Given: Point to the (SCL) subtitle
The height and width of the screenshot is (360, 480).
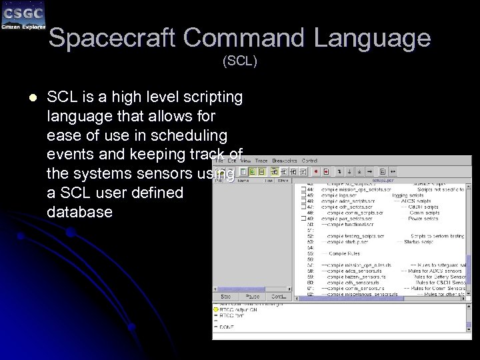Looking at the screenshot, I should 240,61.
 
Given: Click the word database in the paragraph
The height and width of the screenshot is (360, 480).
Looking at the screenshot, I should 80,212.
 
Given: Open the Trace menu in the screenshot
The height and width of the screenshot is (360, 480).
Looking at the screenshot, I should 261,161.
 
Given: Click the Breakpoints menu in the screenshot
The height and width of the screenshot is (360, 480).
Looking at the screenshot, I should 285,161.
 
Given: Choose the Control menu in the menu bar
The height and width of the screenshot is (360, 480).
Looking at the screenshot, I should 309,161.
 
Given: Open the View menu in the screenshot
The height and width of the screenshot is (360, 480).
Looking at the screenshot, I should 245,161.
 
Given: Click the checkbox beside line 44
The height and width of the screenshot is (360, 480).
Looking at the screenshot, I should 303,189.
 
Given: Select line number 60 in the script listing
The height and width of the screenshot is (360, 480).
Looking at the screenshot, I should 311,282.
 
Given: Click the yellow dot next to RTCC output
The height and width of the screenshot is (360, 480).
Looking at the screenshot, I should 216,309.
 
